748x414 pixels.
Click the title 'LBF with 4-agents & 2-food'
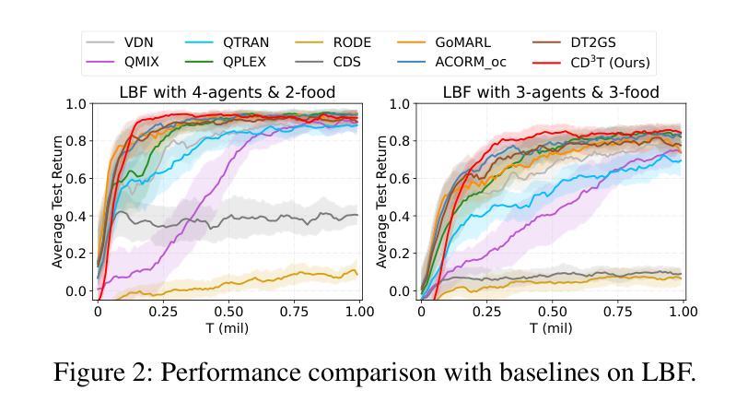[x=227, y=92]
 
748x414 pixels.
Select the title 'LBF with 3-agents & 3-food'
[x=551, y=92]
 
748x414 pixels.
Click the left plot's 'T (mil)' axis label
[x=228, y=327]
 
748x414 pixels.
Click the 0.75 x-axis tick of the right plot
[x=618, y=312]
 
